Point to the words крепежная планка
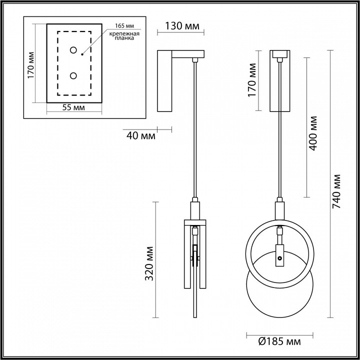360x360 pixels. pos(122,35)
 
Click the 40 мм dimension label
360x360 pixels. pos(141,135)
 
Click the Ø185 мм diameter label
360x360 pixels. pos(279,342)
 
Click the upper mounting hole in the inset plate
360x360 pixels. pos(73,50)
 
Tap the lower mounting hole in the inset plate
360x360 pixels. pos(73,75)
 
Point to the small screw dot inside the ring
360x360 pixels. pos(280,259)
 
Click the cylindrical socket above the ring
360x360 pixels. pos(280,209)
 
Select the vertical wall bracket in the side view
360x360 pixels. pos(164,82)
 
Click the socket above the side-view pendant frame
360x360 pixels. pos(194,209)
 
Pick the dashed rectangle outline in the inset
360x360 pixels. pos(57,63)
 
